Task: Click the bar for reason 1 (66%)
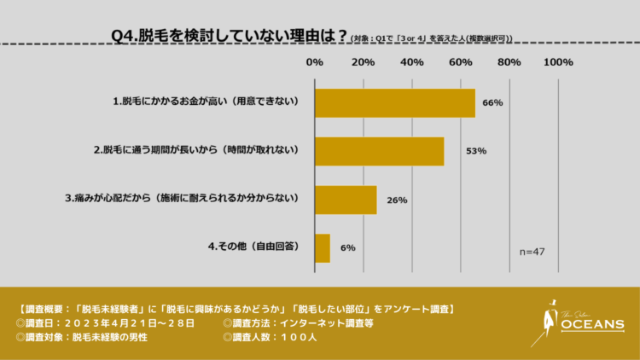394,102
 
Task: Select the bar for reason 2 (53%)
379,151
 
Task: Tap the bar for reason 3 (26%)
346,199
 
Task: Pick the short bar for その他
322,247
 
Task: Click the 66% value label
492,102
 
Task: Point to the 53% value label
476,151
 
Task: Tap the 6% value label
347,247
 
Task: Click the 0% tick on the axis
314,62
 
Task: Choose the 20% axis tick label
364,62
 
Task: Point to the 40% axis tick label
412,62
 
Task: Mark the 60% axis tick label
461,62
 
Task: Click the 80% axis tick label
509,62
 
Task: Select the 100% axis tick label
558,62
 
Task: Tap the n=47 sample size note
532,252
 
